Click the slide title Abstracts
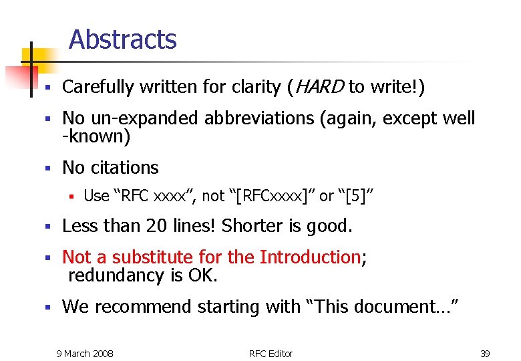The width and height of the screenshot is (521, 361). [122, 40]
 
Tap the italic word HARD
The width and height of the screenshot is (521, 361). [319, 87]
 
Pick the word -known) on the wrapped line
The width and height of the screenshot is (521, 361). [96, 138]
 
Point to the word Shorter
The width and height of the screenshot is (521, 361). [251, 227]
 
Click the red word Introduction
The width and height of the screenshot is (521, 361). [310, 257]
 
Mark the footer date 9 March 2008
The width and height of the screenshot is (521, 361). [85, 353]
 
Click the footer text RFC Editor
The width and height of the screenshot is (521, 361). [271, 353]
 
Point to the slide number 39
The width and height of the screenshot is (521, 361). [485, 353]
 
